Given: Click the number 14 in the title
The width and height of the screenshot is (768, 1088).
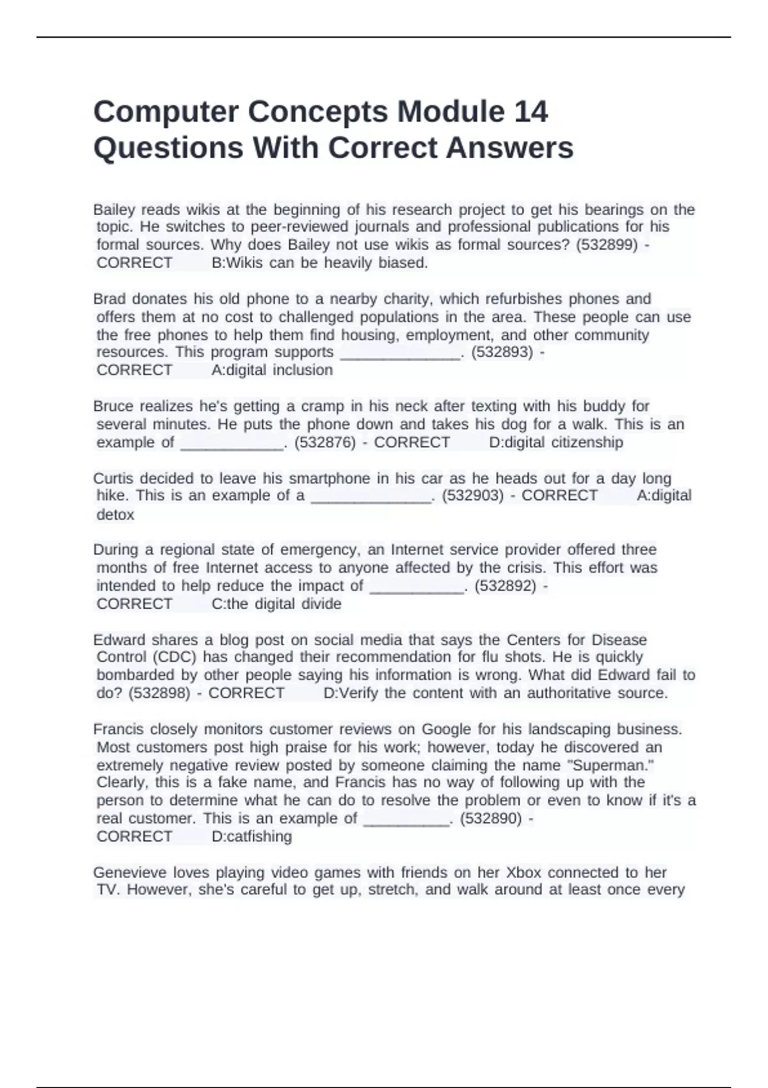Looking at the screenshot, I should [x=531, y=112].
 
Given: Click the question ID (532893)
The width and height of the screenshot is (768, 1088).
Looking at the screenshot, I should [x=502, y=352].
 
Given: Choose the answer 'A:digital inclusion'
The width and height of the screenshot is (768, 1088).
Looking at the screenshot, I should [x=272, y=371].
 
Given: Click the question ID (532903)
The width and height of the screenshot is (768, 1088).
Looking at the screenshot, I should [x=473, y=496].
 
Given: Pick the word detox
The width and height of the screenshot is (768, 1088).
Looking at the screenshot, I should [x=115, y=515].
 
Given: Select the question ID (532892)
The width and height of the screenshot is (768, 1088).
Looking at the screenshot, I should [x=505, y=586].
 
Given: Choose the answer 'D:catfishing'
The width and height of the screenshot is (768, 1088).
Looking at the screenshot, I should [x=252, y=837].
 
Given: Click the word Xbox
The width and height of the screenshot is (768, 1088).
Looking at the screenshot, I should [x=524, y=873].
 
